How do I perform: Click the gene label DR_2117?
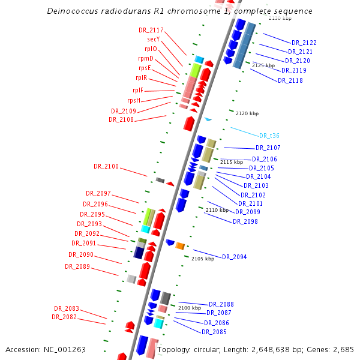coord(151,30)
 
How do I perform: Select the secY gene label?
coord(153,39)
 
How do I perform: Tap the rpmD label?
coord(146,58)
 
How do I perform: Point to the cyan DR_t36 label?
coord(269,136)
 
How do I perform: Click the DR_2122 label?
coord(304,43)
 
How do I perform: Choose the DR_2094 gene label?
coord(234,257)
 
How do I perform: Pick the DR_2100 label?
coord(106,166)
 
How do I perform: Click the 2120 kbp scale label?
coord(247,113)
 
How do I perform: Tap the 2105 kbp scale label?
coord(203,259)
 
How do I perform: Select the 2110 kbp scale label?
coord(217,210)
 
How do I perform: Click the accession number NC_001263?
coord(64,349)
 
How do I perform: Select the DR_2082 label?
coord(64,317)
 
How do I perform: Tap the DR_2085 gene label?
coord(214,332)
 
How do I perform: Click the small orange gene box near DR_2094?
coord(179,245)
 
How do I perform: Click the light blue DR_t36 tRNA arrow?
coord(208,119)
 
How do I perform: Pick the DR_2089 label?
coord(77,266)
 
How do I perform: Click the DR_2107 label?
coord(268,148)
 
